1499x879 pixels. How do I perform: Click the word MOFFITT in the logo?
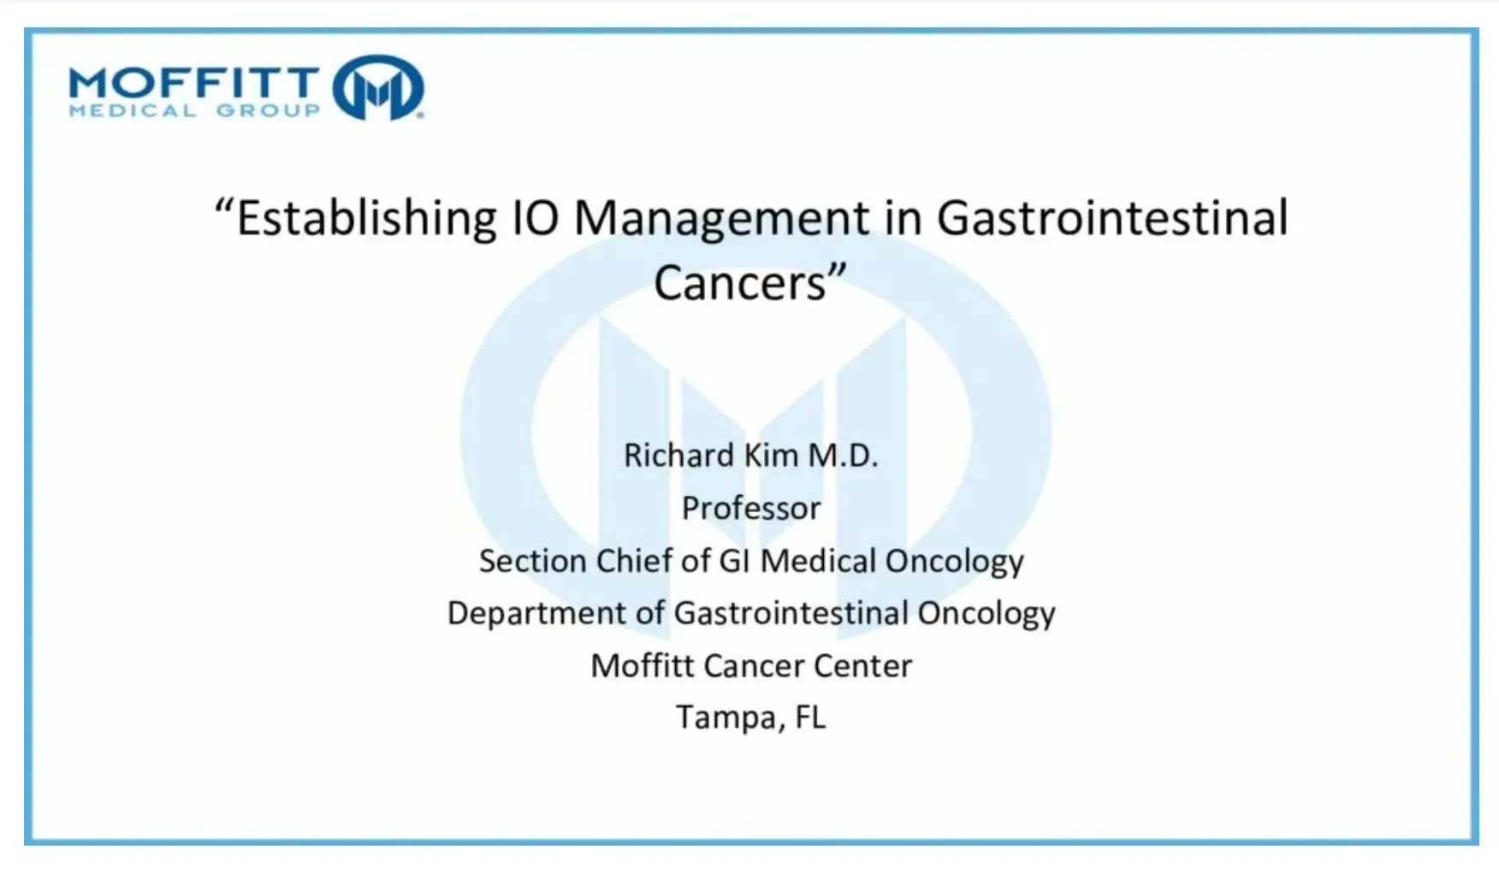point(194,83)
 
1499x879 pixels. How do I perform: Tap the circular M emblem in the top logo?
point(378,87)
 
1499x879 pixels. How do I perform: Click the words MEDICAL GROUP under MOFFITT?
point(194,110)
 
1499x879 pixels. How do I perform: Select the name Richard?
point(678,455)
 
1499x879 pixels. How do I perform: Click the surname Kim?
point(772,455)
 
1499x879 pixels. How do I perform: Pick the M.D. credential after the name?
point(844,455)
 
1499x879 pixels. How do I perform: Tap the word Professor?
point(751,508)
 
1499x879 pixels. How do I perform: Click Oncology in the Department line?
point(986,614)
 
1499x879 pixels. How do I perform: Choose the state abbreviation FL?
point(810,717)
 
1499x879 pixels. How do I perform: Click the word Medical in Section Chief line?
point(818,561)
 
